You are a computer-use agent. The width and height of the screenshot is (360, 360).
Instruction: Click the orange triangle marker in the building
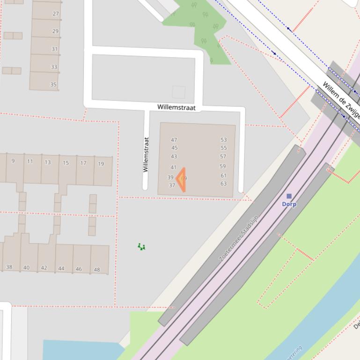[x=181, y=180]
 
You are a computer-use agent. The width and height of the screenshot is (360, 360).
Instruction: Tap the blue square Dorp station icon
[x=289, y=196]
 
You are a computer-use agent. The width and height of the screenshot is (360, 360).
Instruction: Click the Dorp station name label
[x=289, y=204]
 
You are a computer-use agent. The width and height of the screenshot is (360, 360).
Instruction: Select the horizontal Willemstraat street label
[x=176, y=107]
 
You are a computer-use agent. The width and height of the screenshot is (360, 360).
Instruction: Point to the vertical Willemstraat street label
[x=146, y=154]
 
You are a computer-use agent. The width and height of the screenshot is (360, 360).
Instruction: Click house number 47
[x=174, y=140]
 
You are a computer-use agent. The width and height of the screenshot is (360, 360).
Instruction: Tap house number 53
[x=224, y=140]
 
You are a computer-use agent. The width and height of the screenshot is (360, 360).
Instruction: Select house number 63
[x=223, y=184]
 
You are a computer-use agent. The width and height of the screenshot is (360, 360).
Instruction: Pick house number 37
[x=172, y=186]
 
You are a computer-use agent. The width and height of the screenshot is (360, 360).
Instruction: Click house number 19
[x=101, y=164]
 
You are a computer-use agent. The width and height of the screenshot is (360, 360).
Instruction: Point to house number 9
[x=13, y=161]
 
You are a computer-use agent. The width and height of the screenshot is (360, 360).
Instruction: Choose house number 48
[x=97, y=269]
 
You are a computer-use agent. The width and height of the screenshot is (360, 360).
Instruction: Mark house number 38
[x=9, y=267]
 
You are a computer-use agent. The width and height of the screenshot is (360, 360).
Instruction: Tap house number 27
[x=56, y=14]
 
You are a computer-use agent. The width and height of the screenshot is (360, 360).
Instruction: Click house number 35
[x=53, y=85]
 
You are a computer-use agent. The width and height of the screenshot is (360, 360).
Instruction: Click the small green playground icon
[x=141, y=246]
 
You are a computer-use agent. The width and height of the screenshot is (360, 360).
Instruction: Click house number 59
[x=222, y=166]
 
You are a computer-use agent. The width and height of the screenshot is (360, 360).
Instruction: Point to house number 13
[x=48, y=162]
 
